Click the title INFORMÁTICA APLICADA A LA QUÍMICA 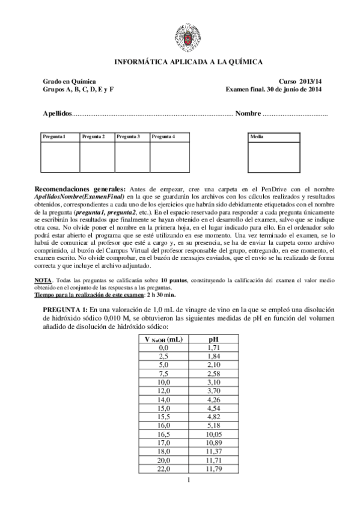coord(188,62)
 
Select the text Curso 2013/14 coord(300,81)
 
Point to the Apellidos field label coord(57,114)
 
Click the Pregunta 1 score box coord(59,153)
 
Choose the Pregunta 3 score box coord(132,153)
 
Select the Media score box coord(274,153)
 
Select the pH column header coord(212,340)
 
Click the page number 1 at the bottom coord(188,479)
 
